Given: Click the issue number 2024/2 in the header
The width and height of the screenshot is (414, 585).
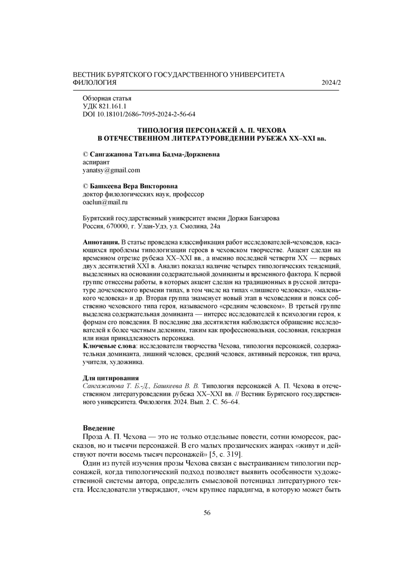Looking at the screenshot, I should [x=331, y=83].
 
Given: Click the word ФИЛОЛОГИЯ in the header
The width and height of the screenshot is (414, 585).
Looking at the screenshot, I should [x=95, y=83].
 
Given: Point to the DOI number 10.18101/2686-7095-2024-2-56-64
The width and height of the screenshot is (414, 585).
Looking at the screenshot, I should [x=145, y=114].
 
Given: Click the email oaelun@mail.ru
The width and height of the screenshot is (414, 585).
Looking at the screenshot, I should [x=105, y=202].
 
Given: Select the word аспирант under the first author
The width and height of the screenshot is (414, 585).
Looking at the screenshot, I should [x=96, y=162].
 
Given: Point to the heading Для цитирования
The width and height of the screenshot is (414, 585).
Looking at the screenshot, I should [x=111, y=378].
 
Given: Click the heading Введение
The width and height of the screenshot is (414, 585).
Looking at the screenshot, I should [x=99, y=428].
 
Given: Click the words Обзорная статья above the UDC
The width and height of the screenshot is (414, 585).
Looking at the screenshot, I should [x=107, y=98].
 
